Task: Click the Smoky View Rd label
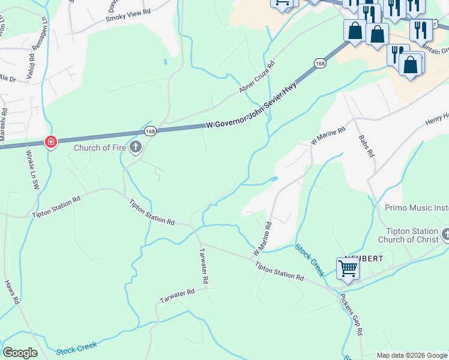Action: coord(128,15)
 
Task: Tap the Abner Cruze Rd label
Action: coord(256,77)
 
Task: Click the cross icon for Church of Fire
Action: coord(136,147)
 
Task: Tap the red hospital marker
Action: coord(51,142)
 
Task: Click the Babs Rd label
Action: coord(366,146)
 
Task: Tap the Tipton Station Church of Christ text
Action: coord(411,236)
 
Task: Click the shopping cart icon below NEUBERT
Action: coord(348,269)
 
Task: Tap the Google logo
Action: coord(20,353)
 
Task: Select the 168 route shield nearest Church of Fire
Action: coord(149,131)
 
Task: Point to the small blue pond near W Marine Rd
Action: coord(274,179)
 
